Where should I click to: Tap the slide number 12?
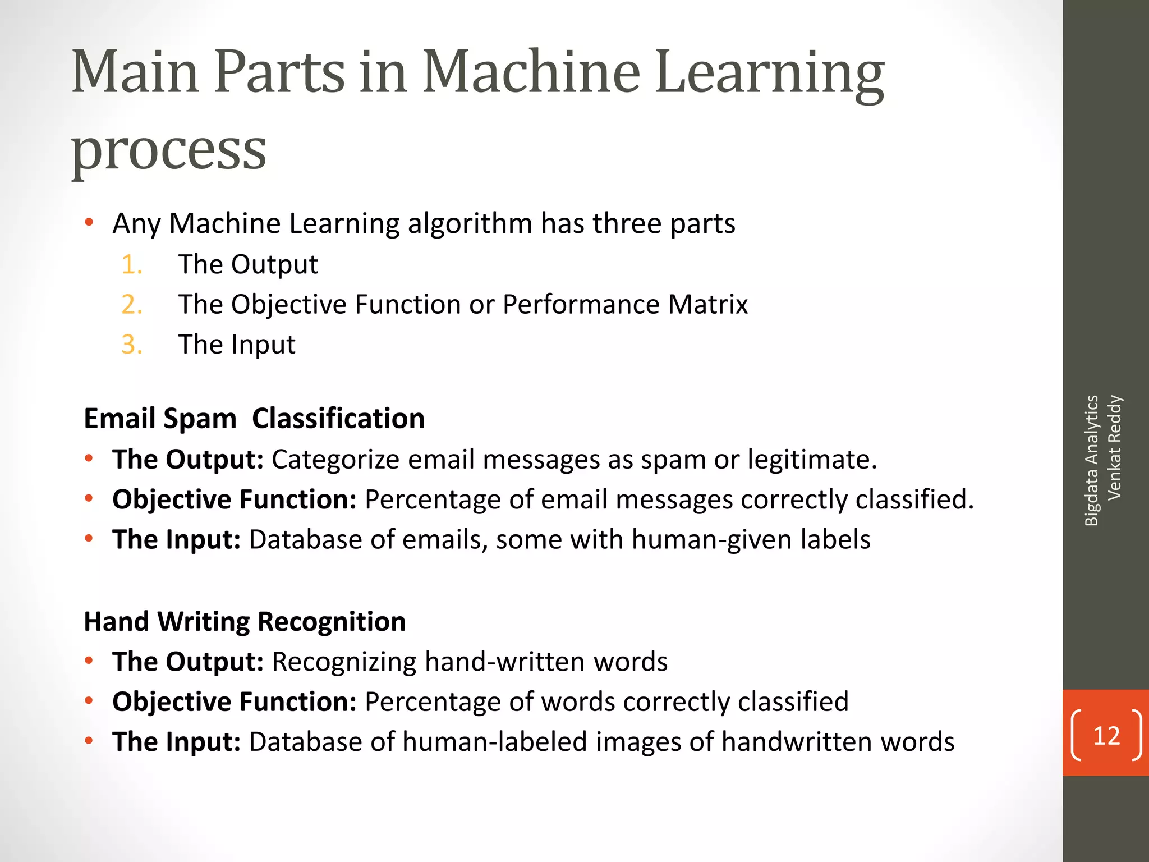(x=1106, y=735)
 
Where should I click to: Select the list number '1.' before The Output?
(x=132, y=264)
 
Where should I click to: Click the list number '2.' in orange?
(x=132, y=305)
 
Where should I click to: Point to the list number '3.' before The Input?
(x=132, y=345)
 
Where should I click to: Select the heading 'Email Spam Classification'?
(x=254, y=419)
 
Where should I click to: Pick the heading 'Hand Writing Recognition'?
(x=245, y=622)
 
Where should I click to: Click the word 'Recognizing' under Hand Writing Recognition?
(x=344, y=662)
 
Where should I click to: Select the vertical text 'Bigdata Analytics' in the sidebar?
(x=1091, y=460)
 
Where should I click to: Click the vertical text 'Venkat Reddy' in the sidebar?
(x=1114, y=448)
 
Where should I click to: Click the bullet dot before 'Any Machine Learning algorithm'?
(x=89, y=223)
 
